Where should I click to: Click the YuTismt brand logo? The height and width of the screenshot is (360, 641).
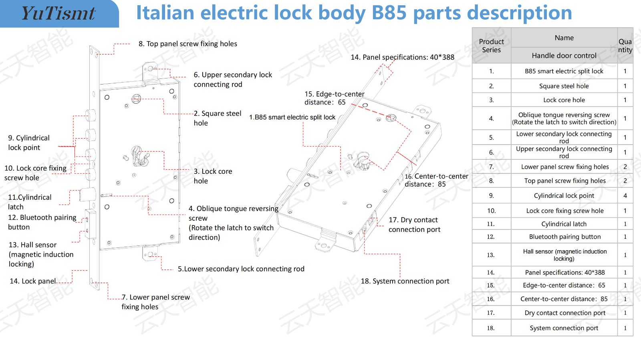tap(58, 13)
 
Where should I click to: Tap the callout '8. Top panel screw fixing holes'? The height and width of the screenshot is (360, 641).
tap(187, 44)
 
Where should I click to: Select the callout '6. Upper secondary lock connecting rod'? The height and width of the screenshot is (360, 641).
tap(232, 79)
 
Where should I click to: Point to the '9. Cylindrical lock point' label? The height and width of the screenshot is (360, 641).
tap(29, 143)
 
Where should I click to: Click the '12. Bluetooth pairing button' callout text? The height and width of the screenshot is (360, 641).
tap(42, 222)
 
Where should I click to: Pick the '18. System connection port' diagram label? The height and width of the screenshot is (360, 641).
tap(405, 281)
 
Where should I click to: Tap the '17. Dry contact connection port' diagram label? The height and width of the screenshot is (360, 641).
tap(414, 225)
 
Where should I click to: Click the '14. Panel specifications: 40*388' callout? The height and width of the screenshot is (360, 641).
tap(402, 57)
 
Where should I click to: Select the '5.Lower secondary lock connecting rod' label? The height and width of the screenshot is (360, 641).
tap(241, 269)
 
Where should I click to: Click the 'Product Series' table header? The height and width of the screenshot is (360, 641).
tap(491, 46)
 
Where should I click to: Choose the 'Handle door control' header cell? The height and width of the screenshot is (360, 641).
tap(564, 56)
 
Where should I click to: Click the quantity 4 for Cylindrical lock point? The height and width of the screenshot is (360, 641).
tap(625, 195)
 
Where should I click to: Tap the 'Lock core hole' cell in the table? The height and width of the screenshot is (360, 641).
tap(564, 100)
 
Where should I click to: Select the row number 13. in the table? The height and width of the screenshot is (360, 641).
tap(491, 255)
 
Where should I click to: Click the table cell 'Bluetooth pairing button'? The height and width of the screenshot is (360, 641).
tap(564, 237)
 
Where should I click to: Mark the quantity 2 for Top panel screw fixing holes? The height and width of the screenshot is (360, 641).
tap(625, 181)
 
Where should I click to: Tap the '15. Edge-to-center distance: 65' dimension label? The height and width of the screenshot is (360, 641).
tap(334, 98)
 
